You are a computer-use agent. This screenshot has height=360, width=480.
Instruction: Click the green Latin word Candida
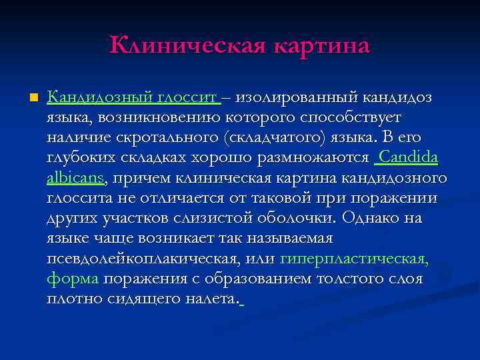click(x=408, y=158)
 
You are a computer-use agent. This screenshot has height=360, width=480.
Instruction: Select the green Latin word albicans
click(x=75, y=178)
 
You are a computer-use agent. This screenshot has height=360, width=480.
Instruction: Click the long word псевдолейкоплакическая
click(x=144, y=258)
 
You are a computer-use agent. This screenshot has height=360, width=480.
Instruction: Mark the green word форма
click(x=73, y=278)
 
